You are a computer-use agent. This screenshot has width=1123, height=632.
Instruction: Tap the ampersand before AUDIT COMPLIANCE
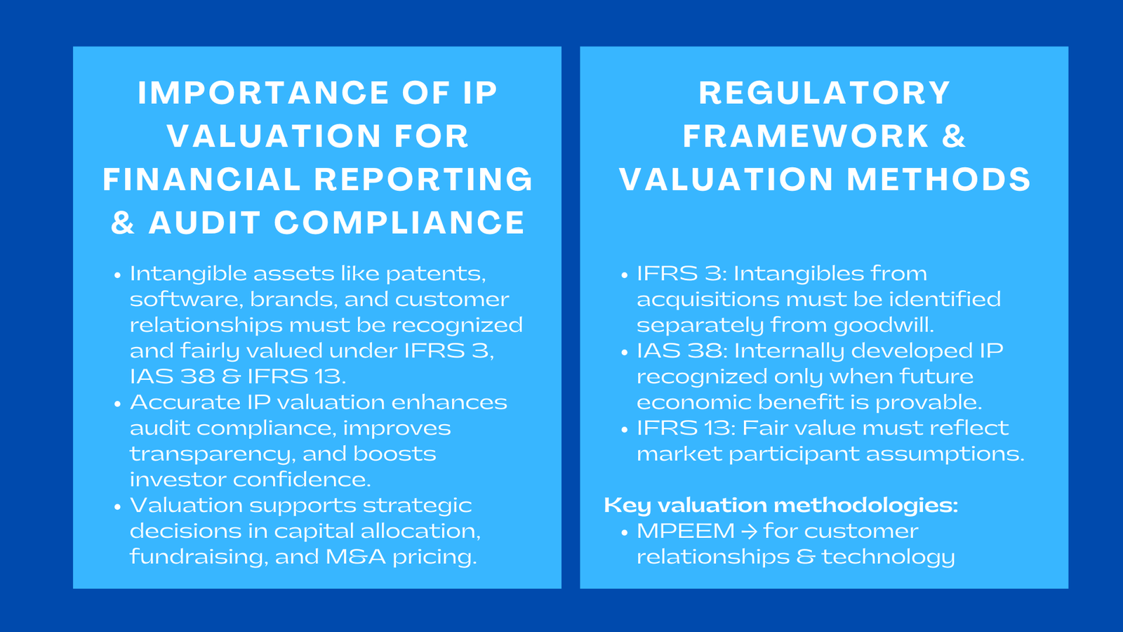coord(123,223)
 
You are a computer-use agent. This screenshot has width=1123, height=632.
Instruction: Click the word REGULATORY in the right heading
coord(825,93)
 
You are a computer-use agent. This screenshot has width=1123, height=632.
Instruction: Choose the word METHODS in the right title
coord(939,180)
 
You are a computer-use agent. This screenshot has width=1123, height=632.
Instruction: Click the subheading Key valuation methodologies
coord(780,505)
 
